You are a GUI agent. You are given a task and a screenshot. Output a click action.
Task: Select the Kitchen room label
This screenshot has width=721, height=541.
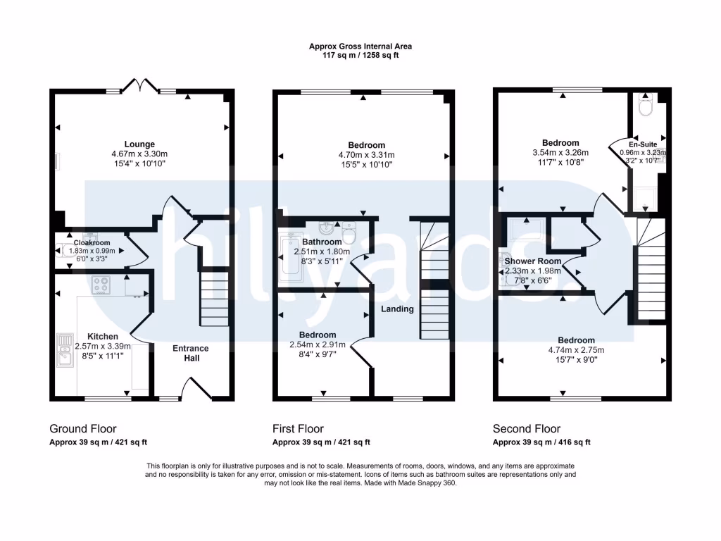click(x=103, y=336)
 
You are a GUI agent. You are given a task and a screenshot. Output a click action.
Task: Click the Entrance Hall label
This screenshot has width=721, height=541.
click(x=191, y=353)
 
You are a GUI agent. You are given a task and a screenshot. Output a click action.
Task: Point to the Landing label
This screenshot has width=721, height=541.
click(x=398, y=309)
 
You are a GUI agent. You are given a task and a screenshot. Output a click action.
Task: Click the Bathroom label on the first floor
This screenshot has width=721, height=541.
click(x=322, y=242)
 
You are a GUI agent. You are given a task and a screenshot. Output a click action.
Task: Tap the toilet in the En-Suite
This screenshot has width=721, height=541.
click(x=645, y=106)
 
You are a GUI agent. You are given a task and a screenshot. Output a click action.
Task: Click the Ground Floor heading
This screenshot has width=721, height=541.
click(x=83, y=428)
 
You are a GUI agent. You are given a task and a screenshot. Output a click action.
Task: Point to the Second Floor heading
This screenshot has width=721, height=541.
click(x=527, y=428)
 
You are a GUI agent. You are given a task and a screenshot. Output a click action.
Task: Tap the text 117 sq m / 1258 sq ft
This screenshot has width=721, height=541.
click(x=360, y=55)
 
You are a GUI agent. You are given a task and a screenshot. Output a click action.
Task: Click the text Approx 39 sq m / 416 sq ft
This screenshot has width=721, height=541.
click(x=541, y=442)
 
